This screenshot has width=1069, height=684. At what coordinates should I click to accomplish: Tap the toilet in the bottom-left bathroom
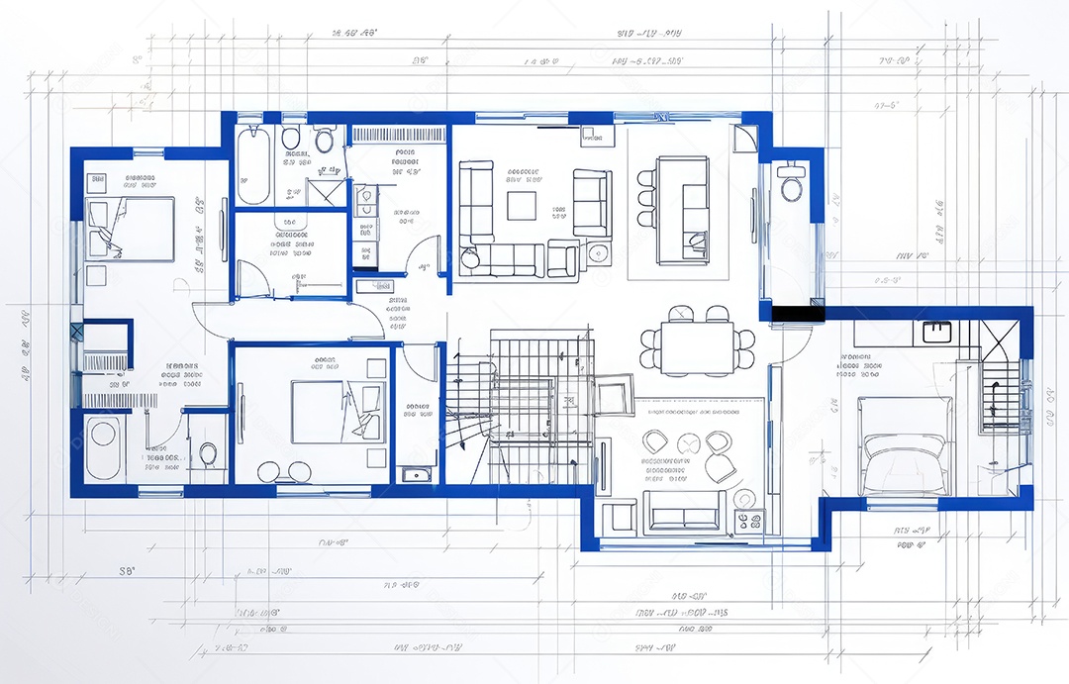pyautogui.click(x=208, y=454)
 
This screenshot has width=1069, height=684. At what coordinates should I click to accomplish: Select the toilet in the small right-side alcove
pyautogui.click(x=791, y=186)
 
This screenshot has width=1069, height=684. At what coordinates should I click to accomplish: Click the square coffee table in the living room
pyautogui.click(x=522, y=205)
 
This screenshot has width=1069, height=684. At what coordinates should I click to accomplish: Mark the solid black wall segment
pyautogui.click(x=797, y=314)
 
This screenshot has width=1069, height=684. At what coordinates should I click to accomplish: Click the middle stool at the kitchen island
pyautogui.click(x=646, y=196)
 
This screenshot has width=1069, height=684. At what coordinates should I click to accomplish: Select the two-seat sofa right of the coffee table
pyautogui.click(x=592, y=203)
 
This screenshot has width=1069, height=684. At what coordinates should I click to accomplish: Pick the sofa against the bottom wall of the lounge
pyautogui.click(x=682, y=512)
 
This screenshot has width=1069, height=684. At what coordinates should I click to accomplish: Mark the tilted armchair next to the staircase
pyautogui.click(x=612, y=394)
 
